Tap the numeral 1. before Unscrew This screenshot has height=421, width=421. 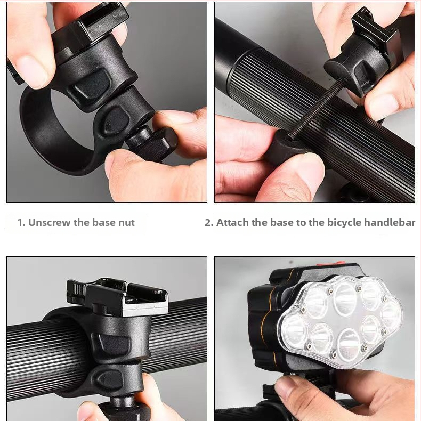[x=21, y=223]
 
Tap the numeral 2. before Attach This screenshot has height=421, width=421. [x=209, y=223]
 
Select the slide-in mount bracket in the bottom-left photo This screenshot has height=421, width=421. [x=120, y=298]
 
